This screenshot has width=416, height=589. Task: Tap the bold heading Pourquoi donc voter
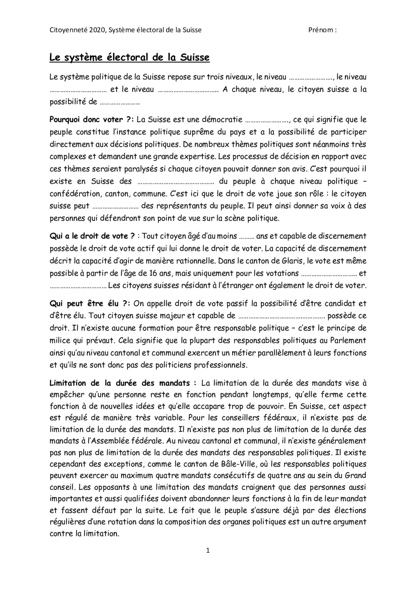click(89, 120)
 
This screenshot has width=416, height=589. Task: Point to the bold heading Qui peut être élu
click(88, 303)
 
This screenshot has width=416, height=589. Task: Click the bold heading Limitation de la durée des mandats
click(123, 383)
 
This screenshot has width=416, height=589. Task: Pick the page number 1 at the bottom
click(208, 551)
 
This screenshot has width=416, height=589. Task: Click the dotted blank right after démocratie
click(267, 120)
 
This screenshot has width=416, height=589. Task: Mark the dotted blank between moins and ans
click(247, 236)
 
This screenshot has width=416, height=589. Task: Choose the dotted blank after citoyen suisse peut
click(115, 206)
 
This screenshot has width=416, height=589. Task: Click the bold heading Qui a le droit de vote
click(92, 236)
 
